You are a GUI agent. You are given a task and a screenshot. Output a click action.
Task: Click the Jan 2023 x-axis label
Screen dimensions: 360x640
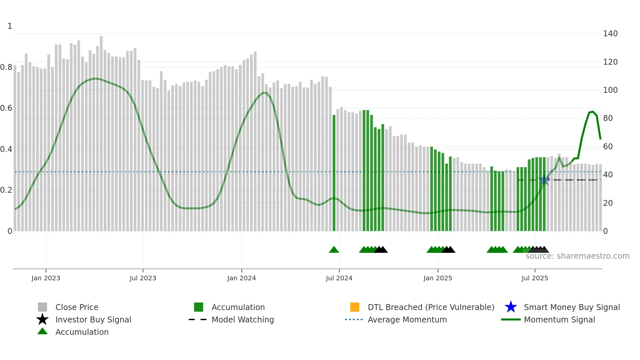tap(46, 278)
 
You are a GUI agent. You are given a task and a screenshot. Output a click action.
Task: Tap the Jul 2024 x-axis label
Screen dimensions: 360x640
tap(339, 278)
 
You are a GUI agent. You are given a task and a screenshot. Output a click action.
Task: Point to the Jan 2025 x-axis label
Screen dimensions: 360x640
tap(438, 278)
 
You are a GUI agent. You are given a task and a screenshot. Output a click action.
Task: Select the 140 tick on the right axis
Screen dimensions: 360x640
tap(610, 34)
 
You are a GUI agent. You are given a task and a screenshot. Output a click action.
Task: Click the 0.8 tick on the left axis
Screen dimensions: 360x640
tap(6, 67)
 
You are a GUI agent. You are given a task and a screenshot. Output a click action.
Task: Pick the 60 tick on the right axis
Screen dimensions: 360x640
tap(608, 147)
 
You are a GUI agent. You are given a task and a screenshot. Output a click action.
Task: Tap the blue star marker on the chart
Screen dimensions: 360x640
tap(544, 180)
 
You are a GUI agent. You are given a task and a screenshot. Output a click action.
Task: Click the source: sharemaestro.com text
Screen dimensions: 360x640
tap(577, 256)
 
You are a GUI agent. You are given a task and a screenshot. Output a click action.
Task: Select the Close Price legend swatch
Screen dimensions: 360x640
tap(42, 307)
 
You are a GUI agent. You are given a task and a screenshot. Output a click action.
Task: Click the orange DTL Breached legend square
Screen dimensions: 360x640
tap(355, 307)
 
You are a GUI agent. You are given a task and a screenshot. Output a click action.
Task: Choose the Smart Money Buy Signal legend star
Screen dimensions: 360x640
tap(511, 307)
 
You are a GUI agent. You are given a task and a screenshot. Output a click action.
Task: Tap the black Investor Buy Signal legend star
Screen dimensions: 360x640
tap(42, 319)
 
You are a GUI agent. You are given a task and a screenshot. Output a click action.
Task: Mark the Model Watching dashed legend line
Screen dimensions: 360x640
tap(198, 319)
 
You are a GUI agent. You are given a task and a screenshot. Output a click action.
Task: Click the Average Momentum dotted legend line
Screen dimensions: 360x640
tap(354, 319)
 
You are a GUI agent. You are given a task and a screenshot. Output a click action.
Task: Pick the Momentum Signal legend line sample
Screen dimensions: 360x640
tap(511, 319)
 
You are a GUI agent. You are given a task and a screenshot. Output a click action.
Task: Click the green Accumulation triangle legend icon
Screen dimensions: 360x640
tap(42, 331)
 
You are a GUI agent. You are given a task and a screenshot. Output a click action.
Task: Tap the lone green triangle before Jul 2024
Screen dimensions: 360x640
tap(334, 250)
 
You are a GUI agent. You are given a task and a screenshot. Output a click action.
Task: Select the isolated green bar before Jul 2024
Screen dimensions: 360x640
tap(334, 173)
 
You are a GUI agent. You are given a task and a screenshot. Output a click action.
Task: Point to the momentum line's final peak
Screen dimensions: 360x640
tap(593, 112)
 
